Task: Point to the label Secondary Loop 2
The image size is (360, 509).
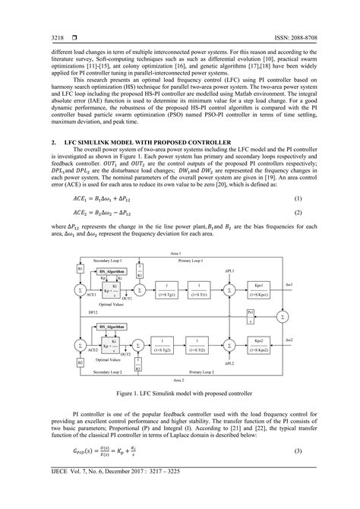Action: coord(104,372)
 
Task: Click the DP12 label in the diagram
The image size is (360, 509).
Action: coord(71,311)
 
